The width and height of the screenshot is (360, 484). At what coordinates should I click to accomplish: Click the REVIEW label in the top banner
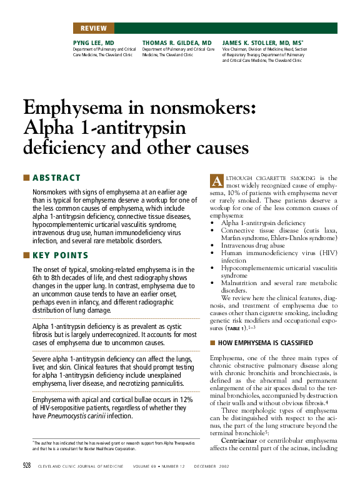click(93, 28)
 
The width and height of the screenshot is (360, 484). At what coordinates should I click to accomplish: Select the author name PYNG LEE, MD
click(89, 43)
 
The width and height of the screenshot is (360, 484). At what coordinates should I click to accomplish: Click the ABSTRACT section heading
click(57, 178)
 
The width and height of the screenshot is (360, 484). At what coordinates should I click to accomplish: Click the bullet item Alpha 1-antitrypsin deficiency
click(264, 223)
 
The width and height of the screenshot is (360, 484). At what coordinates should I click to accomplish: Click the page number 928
click(27, 466)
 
